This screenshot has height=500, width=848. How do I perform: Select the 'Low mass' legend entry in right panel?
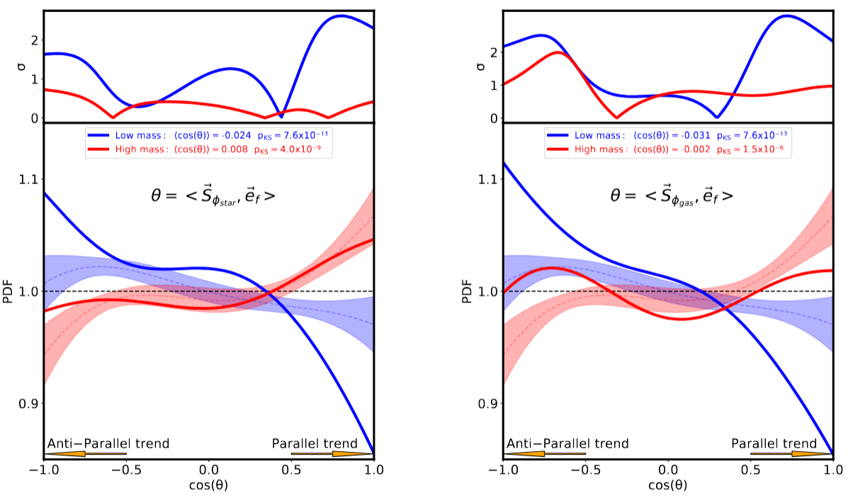click(x=667, y=134)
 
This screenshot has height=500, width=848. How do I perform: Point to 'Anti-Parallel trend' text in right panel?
click(x=567, y=443)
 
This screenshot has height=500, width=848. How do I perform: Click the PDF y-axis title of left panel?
click(x=8, y=292)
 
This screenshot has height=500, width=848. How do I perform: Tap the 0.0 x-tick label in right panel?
click(x=667, y=470)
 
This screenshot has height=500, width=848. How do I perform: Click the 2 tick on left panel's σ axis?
click(x=34, y=40)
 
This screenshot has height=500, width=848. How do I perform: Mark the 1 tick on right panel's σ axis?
click(x=493, y=85)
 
